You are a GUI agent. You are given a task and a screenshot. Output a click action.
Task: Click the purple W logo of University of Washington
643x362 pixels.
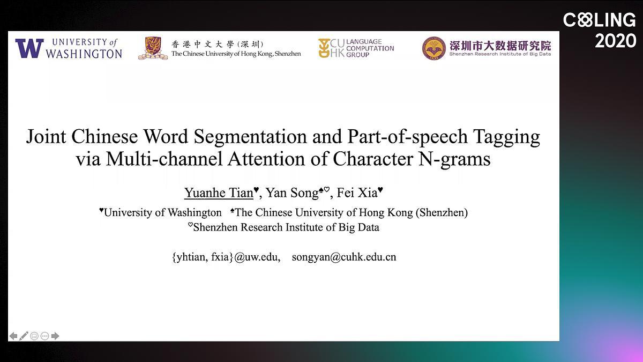pyautogui.click(x=29, y=48)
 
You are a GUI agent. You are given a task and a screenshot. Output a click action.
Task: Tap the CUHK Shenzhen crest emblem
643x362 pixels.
pyautogui.click(x=153, y=48)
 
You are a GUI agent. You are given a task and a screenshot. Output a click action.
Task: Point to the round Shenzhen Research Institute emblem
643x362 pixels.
pyautogui.click(x=433, y=48)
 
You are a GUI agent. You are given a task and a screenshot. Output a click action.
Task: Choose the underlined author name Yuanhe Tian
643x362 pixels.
pyautogui.click(x=219, y=193)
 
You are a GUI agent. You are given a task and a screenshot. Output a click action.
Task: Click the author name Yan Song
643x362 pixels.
pyautogui.click(x=292, y=193)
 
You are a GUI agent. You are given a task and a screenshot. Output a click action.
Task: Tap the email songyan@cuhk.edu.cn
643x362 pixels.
pyautogui.click(x=344, y=257)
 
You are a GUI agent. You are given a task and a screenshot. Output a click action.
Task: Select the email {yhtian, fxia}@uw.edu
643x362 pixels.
pyautogui.click(x=226, y=257)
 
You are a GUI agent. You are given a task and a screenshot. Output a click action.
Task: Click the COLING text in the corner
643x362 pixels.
pyautogui.click(x=599, y=21)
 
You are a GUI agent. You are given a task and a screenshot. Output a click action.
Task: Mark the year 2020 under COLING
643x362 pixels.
pyautogui.click(x=615, y=41)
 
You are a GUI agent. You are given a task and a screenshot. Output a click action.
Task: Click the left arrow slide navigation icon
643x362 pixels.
pyautogui.click(x=13, y=336)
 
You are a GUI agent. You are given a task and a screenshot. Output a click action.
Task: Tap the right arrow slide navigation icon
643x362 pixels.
pyautogui.click(x=55, y=336)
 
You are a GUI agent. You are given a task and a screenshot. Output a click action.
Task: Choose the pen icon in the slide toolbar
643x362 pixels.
pyautogui.click(x=24, y=336)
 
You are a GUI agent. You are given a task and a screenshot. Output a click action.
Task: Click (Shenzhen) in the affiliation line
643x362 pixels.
pyautogui.click(x=442, y=212)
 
